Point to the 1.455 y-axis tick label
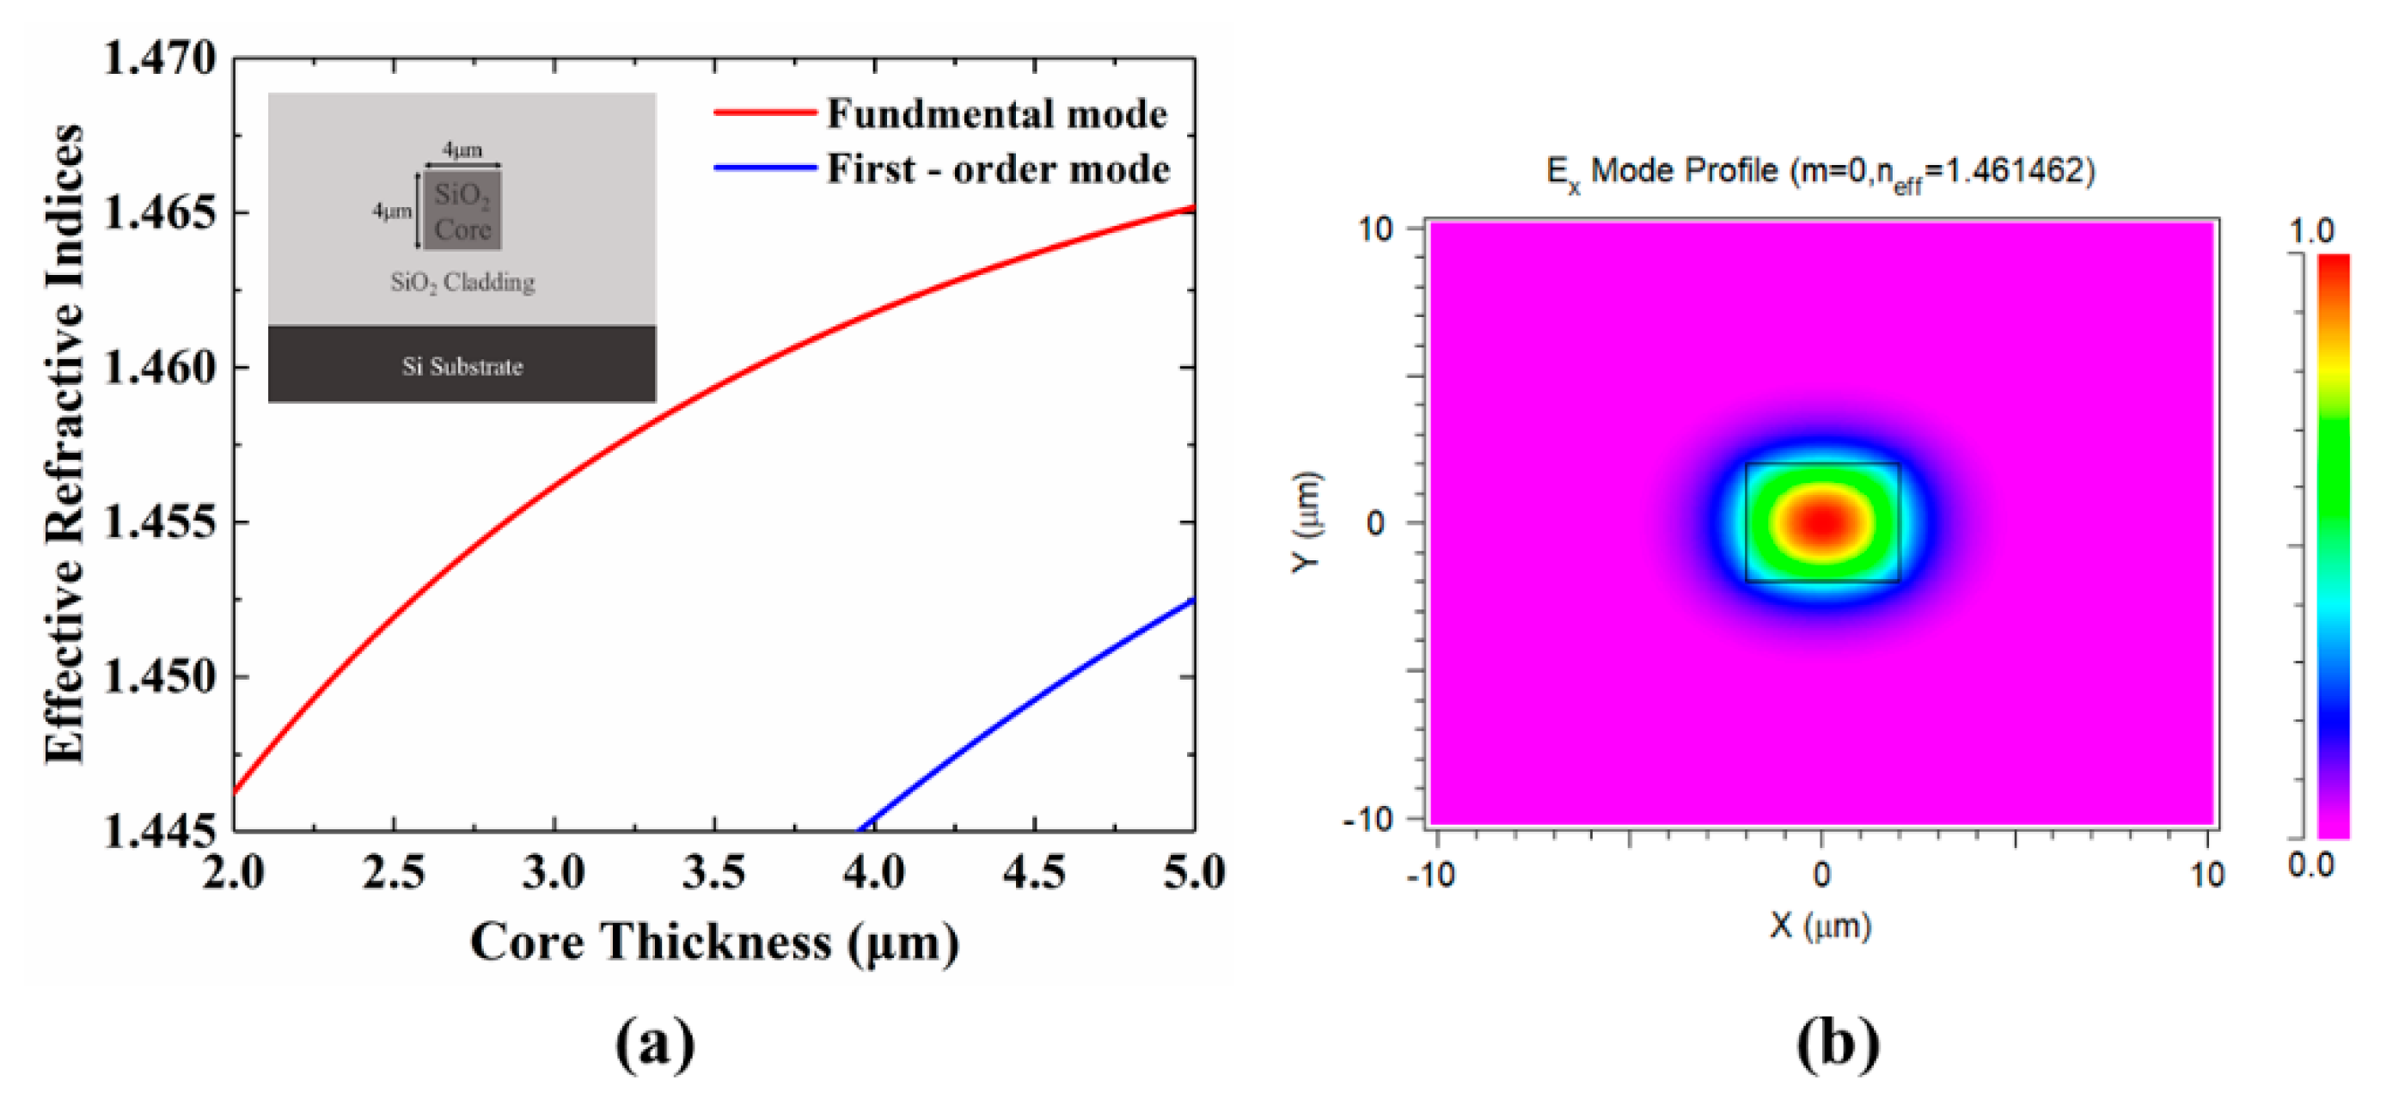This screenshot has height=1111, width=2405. pyautogui.click(x=159, y=521)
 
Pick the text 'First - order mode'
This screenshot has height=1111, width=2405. pyautogui.click(x=998, y=169)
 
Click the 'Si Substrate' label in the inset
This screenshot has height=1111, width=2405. pyautogui.click(x=462, y=366)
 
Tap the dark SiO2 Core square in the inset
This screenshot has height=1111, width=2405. pyautogui.click(x=462, y=211)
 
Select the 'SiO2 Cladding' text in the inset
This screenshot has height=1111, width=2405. pyautogui.click(x=462, y=282)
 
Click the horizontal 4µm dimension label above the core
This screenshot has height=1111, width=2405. pyautogui.click(x=462, y=150)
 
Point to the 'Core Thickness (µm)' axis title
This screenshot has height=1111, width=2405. pyautogui.click(x=714, y=941)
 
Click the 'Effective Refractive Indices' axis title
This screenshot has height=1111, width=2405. pyautogui.click(x=65, y=444)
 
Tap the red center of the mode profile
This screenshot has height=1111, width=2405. pyautogui.click(x=1821, y=522)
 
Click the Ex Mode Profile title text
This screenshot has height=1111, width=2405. pyautogui.click(x=1821, y=172)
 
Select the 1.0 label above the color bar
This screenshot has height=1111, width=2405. pyautogui.click(x=2311, y=230)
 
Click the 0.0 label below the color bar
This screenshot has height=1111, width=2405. pyautogui.click(x=2311, y=864)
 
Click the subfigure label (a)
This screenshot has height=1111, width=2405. pyautogui.click(x=655, y=1044)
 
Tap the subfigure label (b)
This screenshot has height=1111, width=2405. pyautogui.click(x=1838, y=1044)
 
